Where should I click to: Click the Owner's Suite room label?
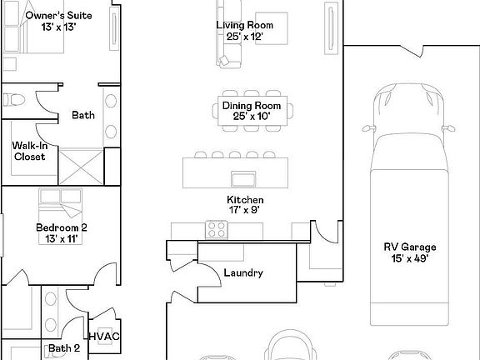(58, 16)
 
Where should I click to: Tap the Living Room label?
(245, 25)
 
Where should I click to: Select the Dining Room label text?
(251, 106)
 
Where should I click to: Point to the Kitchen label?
(246, 200)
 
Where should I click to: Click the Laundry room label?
(243, 272)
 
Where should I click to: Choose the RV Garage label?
(410, 247)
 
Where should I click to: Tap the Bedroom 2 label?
(62, 227)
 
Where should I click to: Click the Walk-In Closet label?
(29, 151)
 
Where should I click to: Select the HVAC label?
(104, 336)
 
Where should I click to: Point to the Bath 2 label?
(64, 348)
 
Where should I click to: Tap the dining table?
(251, 111)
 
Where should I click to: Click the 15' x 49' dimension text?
(410, 258)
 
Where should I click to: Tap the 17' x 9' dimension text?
(246, 211)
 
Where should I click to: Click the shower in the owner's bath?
(81, 165)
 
